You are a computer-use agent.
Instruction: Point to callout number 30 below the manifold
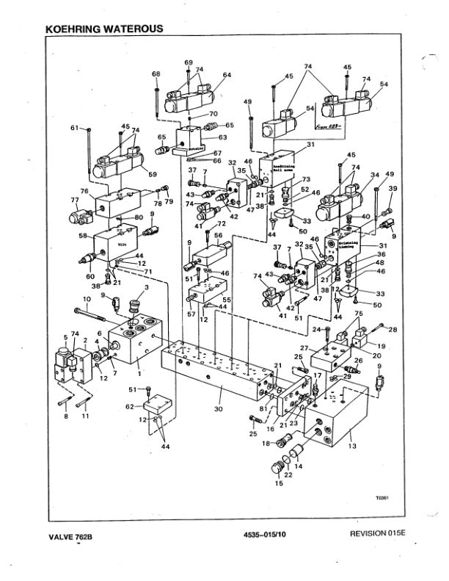point(218,408)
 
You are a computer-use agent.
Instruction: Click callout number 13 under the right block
point(353,446)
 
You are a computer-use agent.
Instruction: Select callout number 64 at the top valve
point(227,75)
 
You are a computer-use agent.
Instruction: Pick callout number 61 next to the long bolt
point(74,128)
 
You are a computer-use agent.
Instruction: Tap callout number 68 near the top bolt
point(156,74)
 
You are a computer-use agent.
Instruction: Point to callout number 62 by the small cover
point(129,405)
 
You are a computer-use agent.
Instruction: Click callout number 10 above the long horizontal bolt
point(86,299)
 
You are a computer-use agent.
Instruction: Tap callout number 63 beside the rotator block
point(223,137)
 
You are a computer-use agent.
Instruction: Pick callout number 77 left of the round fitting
point(74,199)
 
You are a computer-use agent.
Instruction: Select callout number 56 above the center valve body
point(218,235)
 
